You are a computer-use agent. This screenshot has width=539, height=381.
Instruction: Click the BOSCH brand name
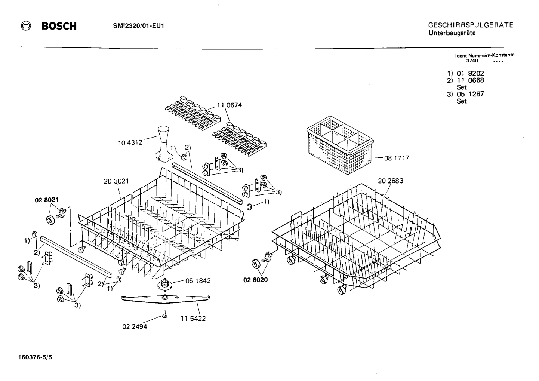point(59,26)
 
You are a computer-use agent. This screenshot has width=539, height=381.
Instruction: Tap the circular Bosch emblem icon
point(26,26)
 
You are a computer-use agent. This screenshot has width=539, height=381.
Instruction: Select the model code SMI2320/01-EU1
point(138,26)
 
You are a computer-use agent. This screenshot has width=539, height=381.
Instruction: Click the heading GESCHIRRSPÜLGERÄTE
point(471,25)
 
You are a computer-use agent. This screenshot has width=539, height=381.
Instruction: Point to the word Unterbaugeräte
point(452,33)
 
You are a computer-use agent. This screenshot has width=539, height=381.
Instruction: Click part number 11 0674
point(229,105)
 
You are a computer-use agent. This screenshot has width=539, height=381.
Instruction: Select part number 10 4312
point(130,143)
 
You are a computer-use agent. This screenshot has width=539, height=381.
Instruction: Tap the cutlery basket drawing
point(340,145)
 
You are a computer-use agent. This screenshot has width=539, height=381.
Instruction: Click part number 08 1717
point(397,158)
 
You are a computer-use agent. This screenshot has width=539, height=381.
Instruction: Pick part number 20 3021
point(116,181)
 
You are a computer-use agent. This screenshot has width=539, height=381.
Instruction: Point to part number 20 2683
point(391,181)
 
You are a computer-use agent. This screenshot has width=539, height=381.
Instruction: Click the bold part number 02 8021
point(47,200)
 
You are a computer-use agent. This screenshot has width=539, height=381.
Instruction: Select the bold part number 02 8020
point(256,280)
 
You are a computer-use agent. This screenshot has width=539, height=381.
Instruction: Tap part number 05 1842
point(198,281)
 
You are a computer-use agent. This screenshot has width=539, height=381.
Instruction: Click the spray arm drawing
point(165,299)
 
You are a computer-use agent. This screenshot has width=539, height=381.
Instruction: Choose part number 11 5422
point(193,319)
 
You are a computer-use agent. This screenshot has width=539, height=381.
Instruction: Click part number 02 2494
point(135,327)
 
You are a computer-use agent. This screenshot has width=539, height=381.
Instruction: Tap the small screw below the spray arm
point(164,314)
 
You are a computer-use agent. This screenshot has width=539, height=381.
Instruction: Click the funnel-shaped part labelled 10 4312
point(164,144)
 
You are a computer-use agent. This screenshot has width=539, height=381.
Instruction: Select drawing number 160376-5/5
point(35,357)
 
